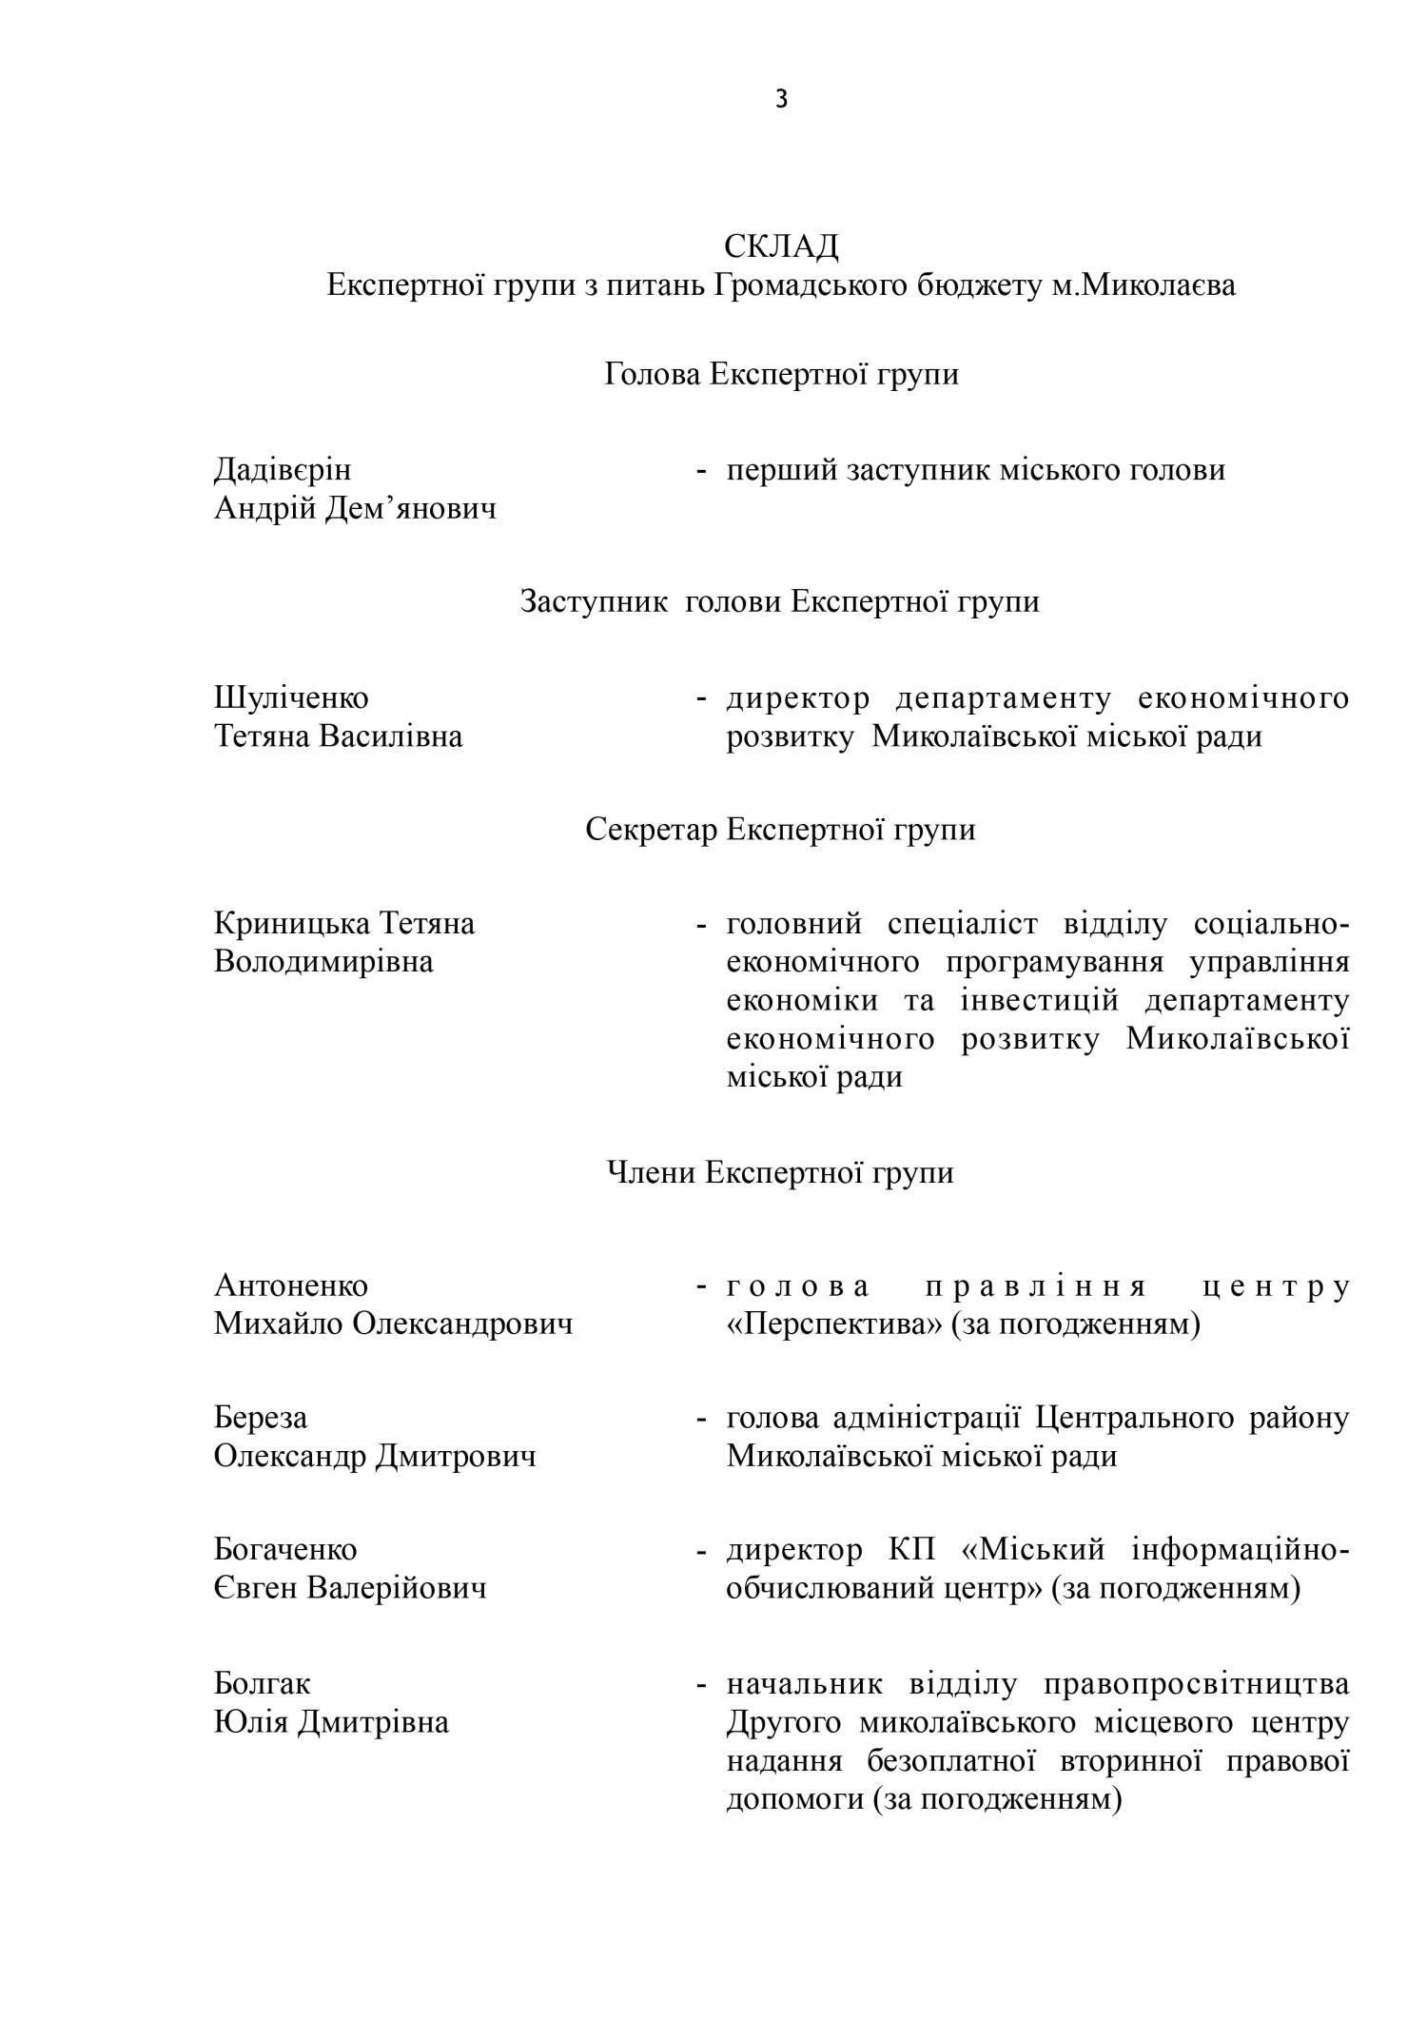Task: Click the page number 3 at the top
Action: tap(781, 99)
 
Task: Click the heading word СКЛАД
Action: tap(781, 246)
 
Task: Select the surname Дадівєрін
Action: tap(283, 470)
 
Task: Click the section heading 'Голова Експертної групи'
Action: tap(781, 375)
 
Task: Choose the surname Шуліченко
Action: tap(291, 698)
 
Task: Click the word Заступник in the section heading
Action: tap(594, 602)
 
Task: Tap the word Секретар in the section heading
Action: tap(651, 830)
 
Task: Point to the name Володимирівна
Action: tap(323, 962)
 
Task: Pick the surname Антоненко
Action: tap(291, 1285)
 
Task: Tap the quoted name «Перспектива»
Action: tap(834, 1324)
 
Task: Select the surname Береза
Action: tap(261, 1419)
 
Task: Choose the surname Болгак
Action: tap(263, 1684)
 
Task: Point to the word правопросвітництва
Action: tap(1197, 1684)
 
